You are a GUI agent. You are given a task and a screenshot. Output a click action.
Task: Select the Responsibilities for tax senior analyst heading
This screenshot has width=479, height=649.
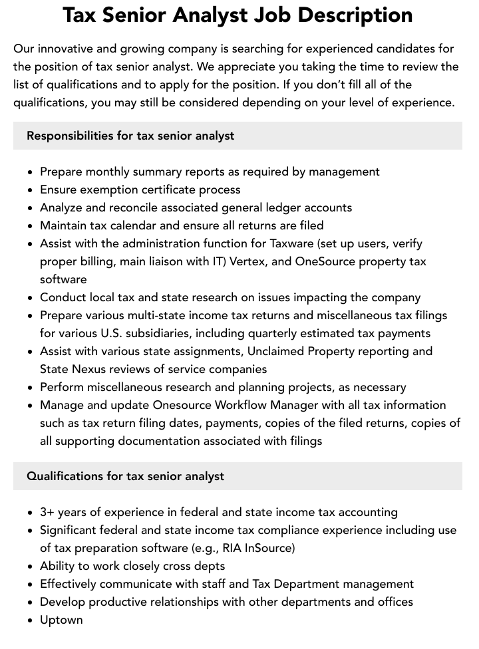(x=130, y=136)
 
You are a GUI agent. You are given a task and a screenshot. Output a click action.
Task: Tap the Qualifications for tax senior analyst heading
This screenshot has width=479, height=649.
(x=125, y=476)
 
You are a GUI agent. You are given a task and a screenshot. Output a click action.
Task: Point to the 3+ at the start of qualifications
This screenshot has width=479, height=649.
(x=47, y=512)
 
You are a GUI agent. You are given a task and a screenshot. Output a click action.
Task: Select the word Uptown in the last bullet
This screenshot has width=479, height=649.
(x=61, y=620)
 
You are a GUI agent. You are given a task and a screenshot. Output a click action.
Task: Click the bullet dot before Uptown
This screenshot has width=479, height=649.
(x=31, y=620)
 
